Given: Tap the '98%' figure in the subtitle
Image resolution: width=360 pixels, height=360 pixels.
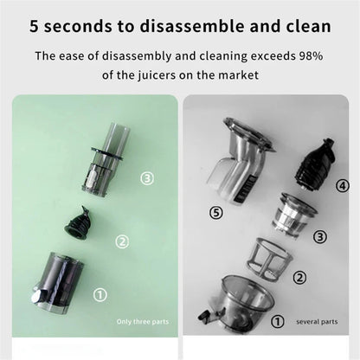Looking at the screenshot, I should pyautogui.click(x=308, y=57).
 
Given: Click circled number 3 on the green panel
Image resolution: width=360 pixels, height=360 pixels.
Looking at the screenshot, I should pyautogui.click(x=147, y=178).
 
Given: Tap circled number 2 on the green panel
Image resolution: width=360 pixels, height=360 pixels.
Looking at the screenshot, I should pyautogui.click(x=122, y=241).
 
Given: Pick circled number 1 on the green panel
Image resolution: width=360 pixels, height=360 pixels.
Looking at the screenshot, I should pyautogui.click(x=100, y=295).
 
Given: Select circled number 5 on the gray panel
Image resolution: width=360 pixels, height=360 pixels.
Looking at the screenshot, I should pyautogui.click(x=216, y=211).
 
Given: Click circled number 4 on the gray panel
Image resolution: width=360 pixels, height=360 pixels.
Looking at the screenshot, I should pyautogui.click(x=342, y=186).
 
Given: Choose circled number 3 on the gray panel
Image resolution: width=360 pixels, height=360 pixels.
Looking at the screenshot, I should pyautogui.click(x=319, y=237).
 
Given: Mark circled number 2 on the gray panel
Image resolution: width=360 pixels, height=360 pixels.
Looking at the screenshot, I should pyautogui.click(x=300, y=277).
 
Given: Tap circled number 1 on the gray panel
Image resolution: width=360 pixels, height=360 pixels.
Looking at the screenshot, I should pyautogui.click(x=278, y=321).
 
